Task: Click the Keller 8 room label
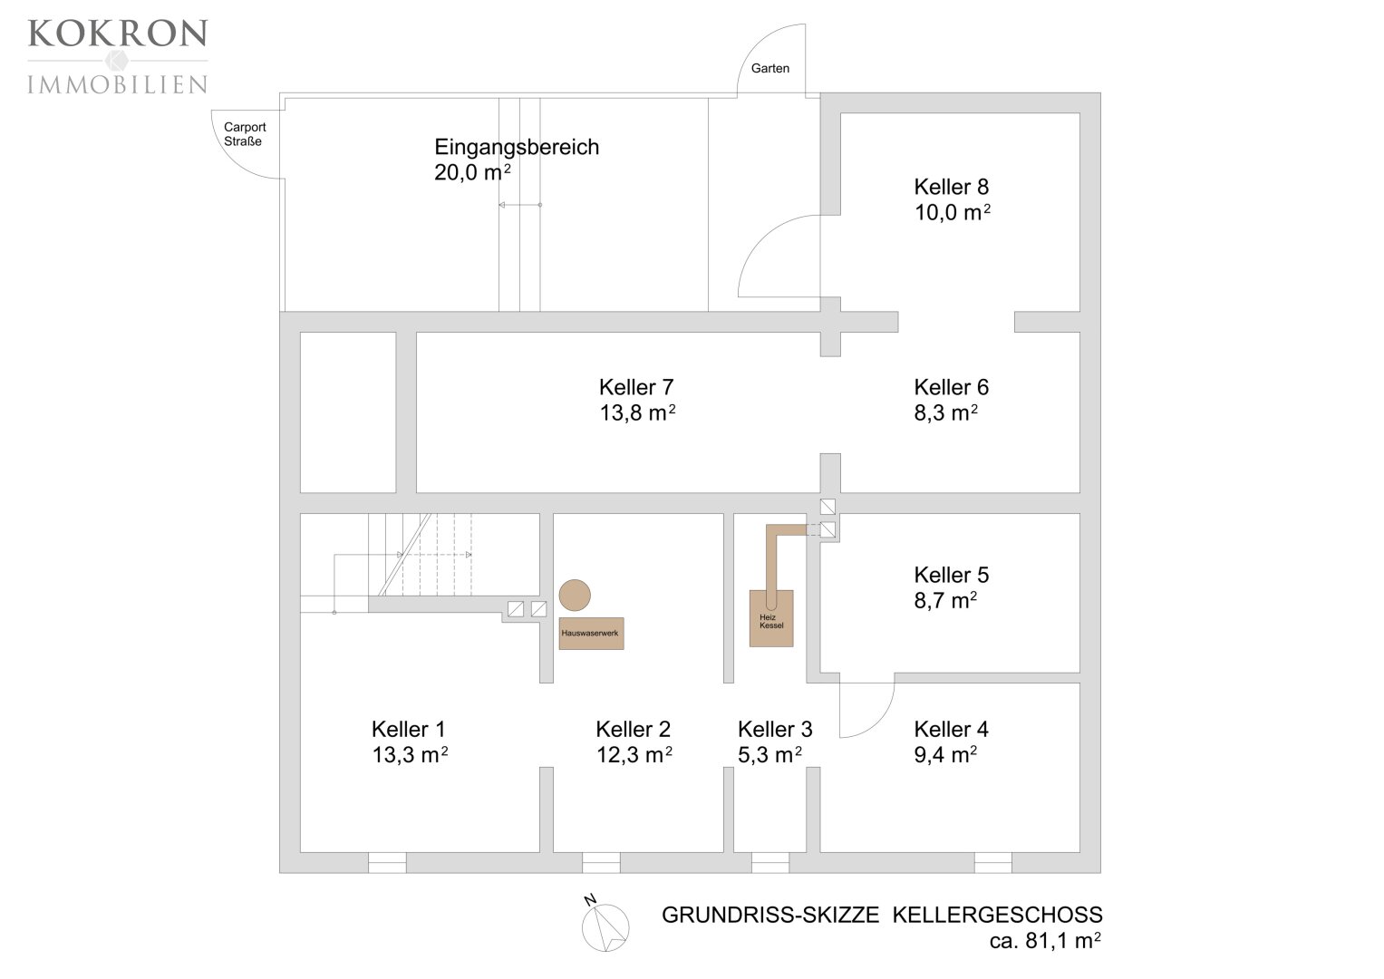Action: pyautogui.click(x=951, y=187)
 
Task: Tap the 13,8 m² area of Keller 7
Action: pyautogui.click(x=637, y=412)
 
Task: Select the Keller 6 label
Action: pyautogui.click(x=951, y=387)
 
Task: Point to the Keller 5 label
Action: pyautogui.click(x=951, y=575)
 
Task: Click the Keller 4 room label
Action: pyautogui.click(x=951, y=730)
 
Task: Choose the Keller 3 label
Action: pyautogui.click(x=775, y=730)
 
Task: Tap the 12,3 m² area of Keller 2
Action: pyautogui.click(x=634, y=754)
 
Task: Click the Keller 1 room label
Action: pyautogui.click(x=409, y=730)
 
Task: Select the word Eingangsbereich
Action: pyautogui.click(x=517, y=147)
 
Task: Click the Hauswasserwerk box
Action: pyautogui.click(x=591, y=634)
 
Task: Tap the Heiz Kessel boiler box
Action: pyautogui.click(x=771, y=618)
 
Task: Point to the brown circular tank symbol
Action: pyautogui.click(x=575, y=596)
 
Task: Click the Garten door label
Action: pyautogui.click(x=769, y=69)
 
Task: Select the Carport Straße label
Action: pyautogui.click(x=245, y=134)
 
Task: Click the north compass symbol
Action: pyautogui.click(x=605, y=926)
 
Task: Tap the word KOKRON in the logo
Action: pyautogui.click(x=118, y=34)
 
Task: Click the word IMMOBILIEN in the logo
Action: pyautogui.click(x=118, y=84)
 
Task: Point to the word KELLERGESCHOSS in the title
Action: pyautogui.click(x=997, y=915)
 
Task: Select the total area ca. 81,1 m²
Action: pyautogui.click(x=1045, y=941)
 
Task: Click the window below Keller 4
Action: pyautogui.click(x=992, y=863)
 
